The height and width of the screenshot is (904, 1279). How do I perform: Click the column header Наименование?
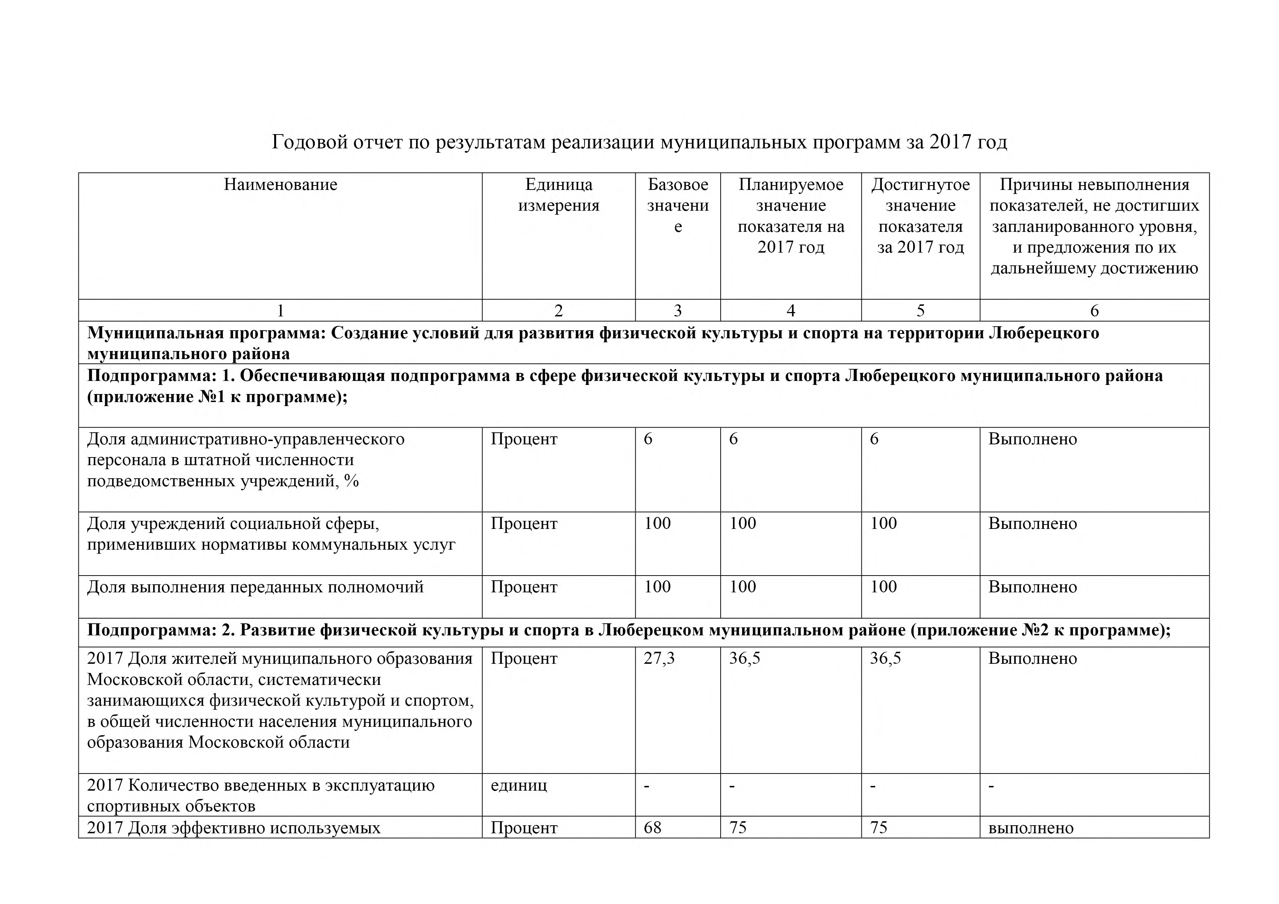(280, 185)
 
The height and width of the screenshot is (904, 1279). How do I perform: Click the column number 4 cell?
(790, 311)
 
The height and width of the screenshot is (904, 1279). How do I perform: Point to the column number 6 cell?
(1094, 311)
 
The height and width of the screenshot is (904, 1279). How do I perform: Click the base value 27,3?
(659, 659)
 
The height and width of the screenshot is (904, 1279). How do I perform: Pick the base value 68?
(652, 828)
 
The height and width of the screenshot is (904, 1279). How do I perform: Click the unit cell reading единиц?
(519, 786)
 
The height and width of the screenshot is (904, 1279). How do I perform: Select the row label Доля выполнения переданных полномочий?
(255, 587)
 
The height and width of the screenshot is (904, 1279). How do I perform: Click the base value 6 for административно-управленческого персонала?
(648, 439)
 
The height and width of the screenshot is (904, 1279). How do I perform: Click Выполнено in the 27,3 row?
(1032, 659)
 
